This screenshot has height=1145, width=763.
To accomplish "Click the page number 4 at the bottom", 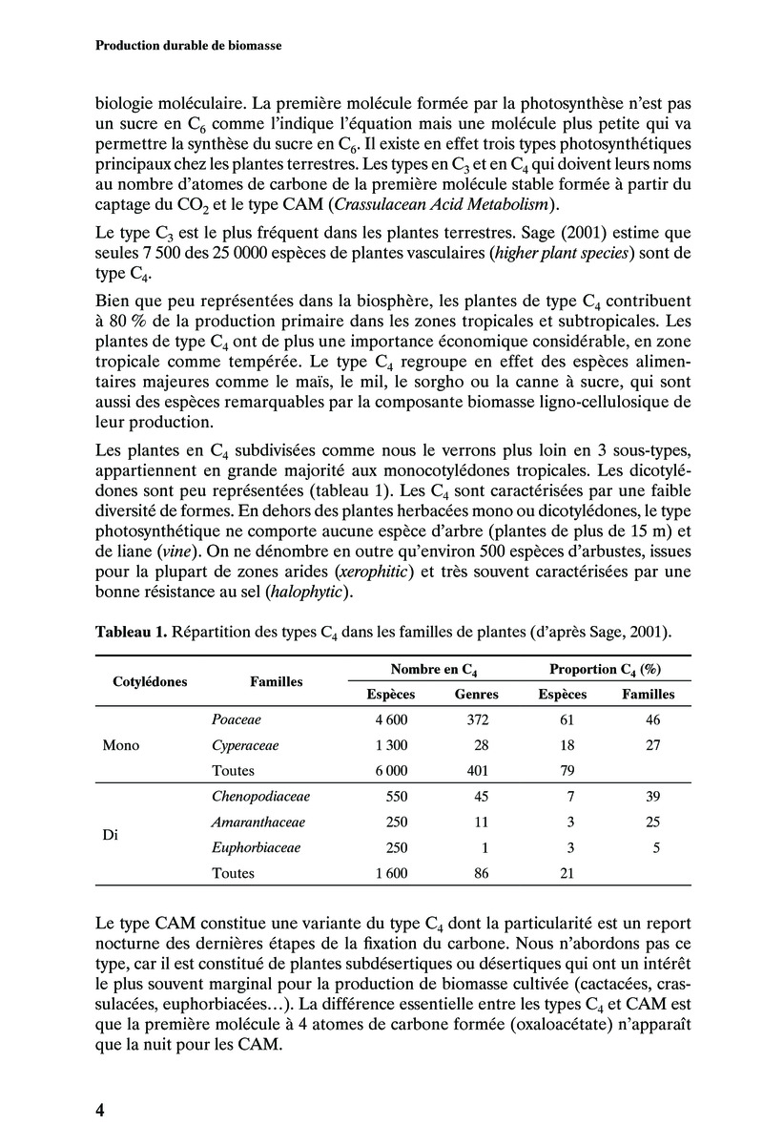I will click(99, 1110).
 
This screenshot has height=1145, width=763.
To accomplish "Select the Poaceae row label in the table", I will click(237, 720).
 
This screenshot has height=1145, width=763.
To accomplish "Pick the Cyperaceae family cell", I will click(245, 745).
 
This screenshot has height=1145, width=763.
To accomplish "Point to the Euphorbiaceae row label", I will click(256, 846).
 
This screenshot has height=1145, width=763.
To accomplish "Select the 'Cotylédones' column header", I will click(150, 682).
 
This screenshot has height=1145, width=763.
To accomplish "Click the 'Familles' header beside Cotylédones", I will click(277, 682).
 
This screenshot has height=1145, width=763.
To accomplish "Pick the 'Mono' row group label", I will click(120, 745).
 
